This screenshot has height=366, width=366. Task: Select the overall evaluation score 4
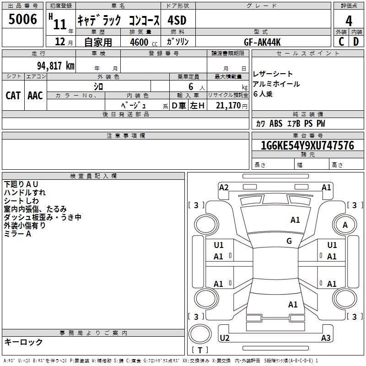pos(349,21)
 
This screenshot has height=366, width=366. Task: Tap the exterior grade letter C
pos(341,41)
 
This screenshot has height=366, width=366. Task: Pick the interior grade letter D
pos(355,41)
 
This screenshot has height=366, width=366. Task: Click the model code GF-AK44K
pos(262,42)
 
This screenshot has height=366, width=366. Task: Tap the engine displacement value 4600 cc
pos(142,42)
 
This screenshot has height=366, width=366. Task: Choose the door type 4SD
pos(177,21)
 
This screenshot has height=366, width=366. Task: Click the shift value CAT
pos(13,95)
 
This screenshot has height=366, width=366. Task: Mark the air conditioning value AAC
pos(35,95)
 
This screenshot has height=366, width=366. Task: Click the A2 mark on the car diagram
pos(224,187)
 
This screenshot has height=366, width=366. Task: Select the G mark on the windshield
pos(289,241)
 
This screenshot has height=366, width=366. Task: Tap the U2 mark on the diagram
pos(225,338)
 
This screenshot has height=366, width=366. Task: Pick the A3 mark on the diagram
pos(326,338)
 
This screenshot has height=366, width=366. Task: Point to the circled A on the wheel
pos(345,225)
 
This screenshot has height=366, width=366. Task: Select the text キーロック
pos(23,342)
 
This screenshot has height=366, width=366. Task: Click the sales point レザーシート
pos(273,74)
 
